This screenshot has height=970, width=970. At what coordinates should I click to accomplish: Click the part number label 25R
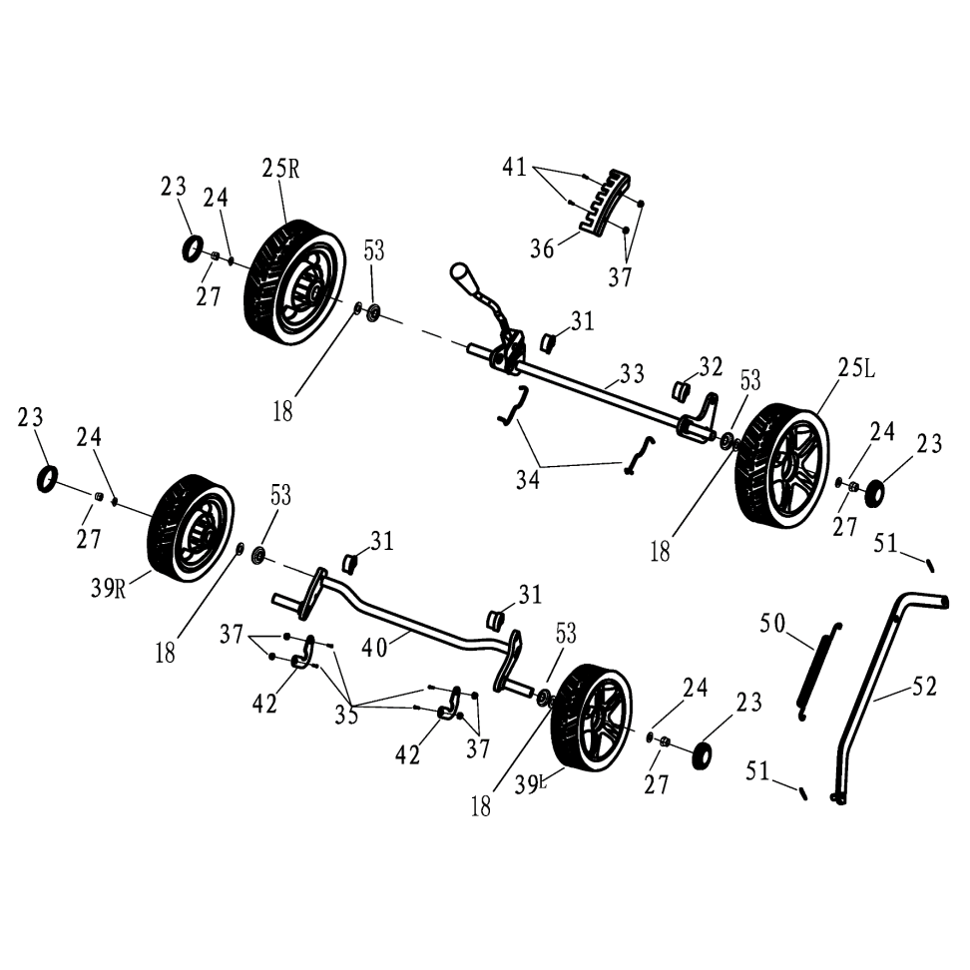[280, 170]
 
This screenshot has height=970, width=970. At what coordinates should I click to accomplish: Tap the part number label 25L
[856, 370]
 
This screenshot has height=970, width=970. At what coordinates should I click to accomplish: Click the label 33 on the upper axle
[631, 374]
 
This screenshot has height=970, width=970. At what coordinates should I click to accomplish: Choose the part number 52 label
[925, 686]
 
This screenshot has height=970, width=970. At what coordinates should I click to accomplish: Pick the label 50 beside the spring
[772, 624]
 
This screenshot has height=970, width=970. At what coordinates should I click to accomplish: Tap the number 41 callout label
[514, 168]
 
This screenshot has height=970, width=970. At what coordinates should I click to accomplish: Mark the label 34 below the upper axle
[528, 480]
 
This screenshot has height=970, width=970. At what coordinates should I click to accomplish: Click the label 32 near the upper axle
[711, 366]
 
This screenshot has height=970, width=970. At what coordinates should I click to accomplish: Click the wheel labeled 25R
[292, 283]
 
